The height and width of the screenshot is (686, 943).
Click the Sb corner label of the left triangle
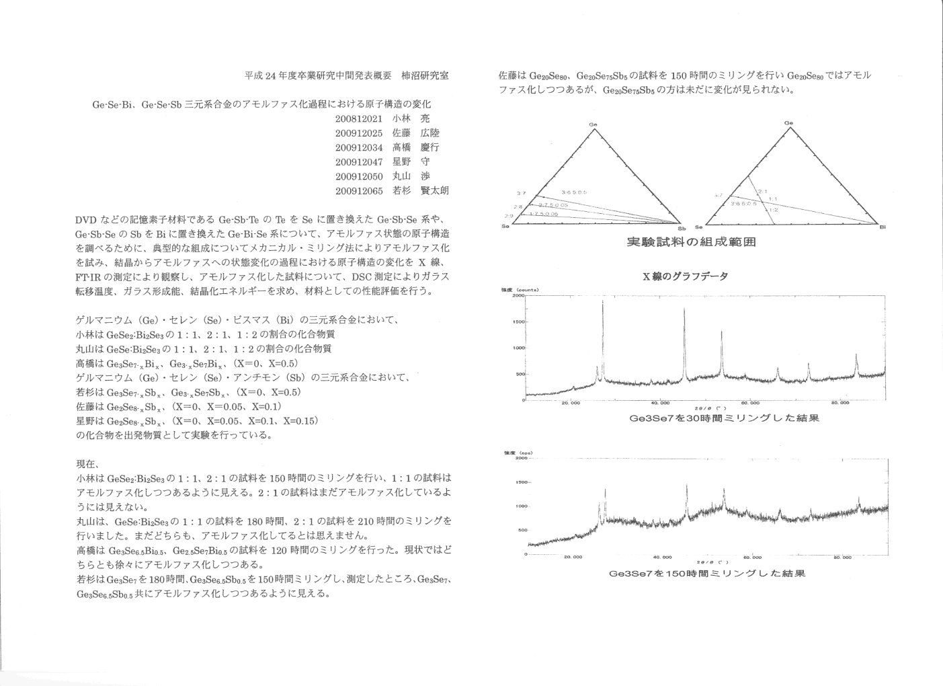682,227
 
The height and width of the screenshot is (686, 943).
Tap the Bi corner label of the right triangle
883,227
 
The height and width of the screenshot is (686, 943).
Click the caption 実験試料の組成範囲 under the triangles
690,242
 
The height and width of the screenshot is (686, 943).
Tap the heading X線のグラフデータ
686,276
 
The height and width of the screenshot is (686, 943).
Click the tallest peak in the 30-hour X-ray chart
602,303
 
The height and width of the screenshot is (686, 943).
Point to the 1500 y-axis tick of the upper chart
517,321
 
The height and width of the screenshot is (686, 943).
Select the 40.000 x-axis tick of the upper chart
660,403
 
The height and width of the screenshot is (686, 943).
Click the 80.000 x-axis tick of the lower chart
842,557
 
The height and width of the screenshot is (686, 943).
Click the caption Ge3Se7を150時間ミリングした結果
706,574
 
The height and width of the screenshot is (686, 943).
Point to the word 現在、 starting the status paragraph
88,464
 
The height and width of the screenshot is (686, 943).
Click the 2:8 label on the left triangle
518,206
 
